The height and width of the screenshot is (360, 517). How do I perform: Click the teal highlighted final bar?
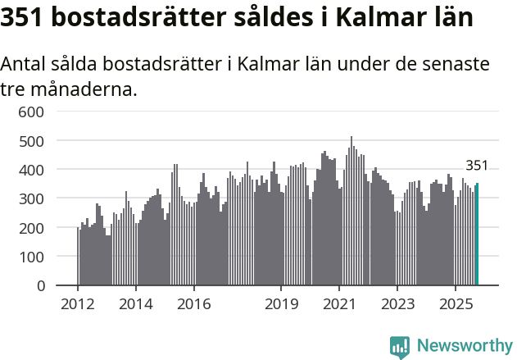click(x=477, y=235)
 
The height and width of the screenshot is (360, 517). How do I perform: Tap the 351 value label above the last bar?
click(x=477, y=166)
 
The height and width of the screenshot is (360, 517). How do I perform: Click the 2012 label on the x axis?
click(x=78, y=305)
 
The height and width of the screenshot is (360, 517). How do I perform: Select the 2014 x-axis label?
click(x=136, y=305)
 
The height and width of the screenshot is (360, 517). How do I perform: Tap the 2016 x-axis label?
click(x=193, y=305)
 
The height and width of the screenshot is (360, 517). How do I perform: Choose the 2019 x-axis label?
click(x=281, y=305)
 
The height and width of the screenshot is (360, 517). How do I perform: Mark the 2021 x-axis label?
click(x=339, y=305)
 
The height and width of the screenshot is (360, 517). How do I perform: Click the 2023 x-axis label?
click(x=397, y=305)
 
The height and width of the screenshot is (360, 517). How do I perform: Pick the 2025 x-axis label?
click(x=455, y=305)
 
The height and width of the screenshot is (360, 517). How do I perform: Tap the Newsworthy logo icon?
click(x=400, y=347)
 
